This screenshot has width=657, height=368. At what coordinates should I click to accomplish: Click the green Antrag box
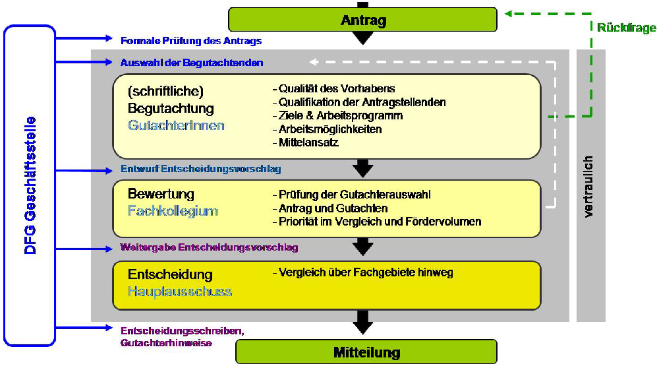(362, 20)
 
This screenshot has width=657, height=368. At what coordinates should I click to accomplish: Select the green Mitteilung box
(366, 352)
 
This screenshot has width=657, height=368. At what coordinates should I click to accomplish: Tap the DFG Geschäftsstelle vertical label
(30, 185)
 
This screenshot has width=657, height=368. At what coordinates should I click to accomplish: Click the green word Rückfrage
(626, 28)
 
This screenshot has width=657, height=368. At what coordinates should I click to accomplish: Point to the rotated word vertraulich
(589, 187)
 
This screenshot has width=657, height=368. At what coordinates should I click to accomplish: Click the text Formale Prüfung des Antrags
(191, 41)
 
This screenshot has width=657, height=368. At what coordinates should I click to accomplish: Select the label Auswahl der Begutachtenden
(192, 63)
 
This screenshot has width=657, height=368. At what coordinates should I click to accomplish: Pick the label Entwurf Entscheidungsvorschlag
(201, 169)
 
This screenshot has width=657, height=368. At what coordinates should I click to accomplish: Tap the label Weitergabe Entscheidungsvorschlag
(210, 248)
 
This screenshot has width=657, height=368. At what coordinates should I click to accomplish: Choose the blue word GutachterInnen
(176, 125)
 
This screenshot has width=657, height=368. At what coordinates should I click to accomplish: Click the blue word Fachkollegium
(173, 211)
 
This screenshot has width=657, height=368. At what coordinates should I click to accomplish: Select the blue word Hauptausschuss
(180, 291)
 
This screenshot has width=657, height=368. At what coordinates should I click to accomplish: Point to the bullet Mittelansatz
(305, 142)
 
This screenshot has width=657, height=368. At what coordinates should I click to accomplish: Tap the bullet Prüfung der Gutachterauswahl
(352, 195)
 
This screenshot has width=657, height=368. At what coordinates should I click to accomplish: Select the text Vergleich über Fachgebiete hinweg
(363, 272)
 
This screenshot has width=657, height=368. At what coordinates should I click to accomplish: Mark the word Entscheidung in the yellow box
(170, 274)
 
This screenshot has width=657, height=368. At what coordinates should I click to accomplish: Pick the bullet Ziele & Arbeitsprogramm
(337, 115)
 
